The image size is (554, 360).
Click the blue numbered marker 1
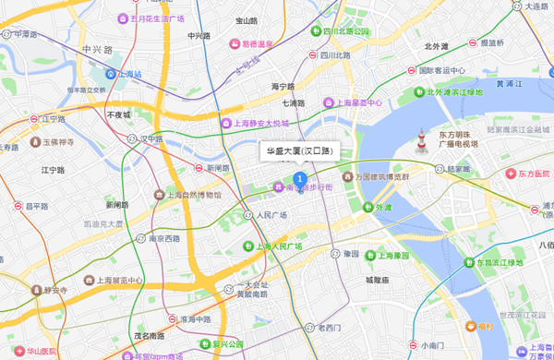click(299, 179)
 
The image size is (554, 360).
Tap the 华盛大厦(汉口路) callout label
click(299, 150)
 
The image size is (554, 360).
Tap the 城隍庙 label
click(379, 279)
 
